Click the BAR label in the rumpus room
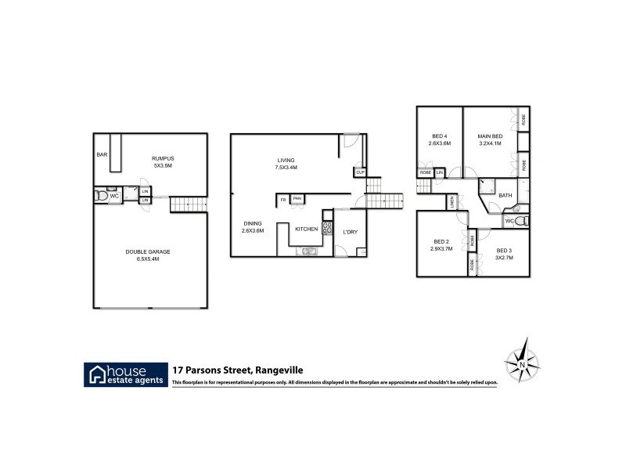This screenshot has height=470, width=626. (102, 154)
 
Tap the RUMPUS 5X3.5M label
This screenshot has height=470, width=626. (162, 162)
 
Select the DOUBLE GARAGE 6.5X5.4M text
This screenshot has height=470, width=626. (148, 255)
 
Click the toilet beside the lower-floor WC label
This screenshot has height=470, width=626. (100, 196)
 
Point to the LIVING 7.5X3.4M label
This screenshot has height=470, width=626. (286, 164)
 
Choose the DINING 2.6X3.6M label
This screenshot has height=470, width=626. (253, 227)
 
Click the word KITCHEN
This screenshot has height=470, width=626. (306, 229)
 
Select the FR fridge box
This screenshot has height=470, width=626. (282, 200)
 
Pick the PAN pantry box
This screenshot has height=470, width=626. (297, 199)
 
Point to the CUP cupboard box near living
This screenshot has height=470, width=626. (361, 172)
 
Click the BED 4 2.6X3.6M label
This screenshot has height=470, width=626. (440, 139)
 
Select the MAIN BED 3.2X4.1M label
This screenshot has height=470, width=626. (491, 139)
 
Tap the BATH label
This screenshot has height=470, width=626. (505, 196)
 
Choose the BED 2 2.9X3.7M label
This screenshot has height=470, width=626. (441, 244)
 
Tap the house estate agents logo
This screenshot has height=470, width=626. (126, 374)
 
